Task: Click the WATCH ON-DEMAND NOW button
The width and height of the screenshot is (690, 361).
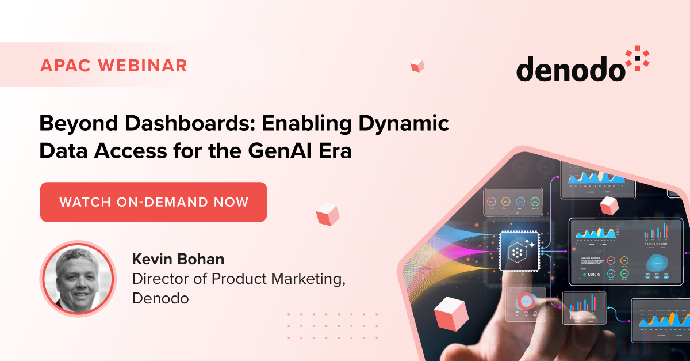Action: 154,202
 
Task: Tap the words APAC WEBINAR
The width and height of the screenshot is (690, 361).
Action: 114,65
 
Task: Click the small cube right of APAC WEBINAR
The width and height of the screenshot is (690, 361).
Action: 417,66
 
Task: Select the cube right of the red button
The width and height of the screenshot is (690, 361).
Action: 327,214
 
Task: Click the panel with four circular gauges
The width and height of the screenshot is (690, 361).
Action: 513,202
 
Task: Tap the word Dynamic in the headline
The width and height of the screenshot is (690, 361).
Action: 409,124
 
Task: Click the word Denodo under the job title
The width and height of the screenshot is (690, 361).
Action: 160,299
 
